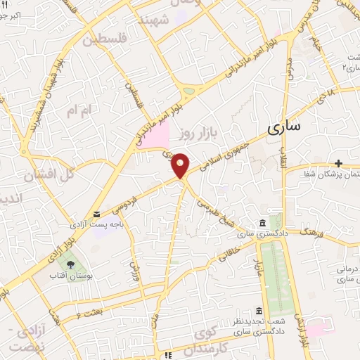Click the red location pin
click(x=181, y=165)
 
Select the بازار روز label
click(x=195, y=132)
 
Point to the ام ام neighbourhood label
click(x=79, y=110)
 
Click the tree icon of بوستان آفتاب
click(x=70, y=264)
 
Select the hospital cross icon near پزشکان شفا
click(x=338, y=162)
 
